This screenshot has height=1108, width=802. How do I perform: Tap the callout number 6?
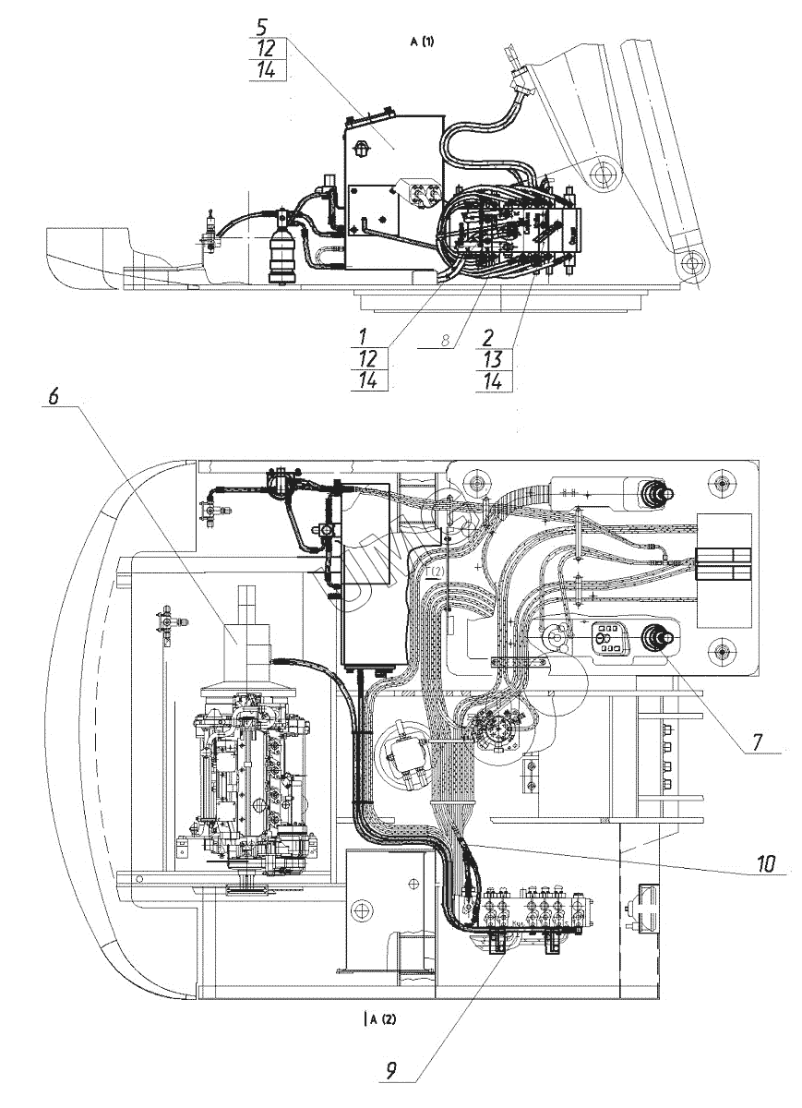click(53, 395)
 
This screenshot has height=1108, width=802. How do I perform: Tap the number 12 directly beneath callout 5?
click(268, 49)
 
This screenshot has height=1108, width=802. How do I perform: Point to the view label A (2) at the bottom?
click(382, 1019)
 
